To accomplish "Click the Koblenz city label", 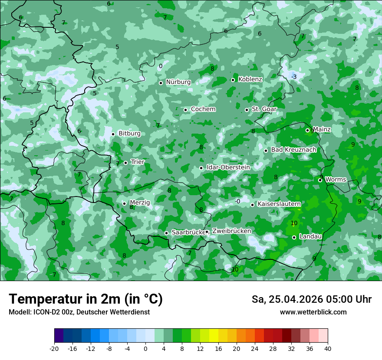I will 250,79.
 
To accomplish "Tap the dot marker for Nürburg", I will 161,83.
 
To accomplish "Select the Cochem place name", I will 203,109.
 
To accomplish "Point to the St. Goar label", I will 264,109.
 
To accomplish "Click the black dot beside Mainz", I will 307,130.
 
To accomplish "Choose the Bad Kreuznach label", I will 293,150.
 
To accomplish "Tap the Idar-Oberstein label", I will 228,167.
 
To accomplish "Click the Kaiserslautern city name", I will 279,204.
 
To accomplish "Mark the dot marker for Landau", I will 294,237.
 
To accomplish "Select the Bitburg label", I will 129,134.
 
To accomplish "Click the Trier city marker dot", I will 125,163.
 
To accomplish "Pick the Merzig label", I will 140,203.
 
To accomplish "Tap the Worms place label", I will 335,180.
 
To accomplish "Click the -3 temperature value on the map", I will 294,77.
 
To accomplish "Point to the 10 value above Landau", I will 294,223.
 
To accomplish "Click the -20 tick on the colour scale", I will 54,349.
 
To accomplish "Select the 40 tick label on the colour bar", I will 327,349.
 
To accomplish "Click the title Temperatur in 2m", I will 86,299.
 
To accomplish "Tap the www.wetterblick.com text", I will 313,312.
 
